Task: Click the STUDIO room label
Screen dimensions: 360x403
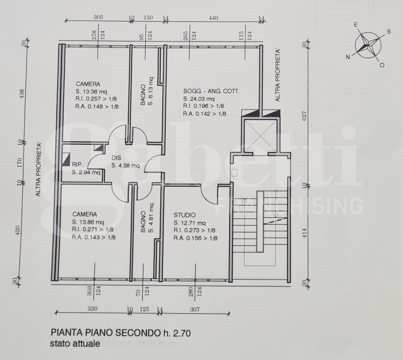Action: pyautogui.click(x=185, y=215)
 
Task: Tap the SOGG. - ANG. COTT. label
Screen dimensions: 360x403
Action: pyautogui.click(x=212, y=91)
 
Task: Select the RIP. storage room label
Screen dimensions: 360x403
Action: pyautogui.click(x=77, y=164)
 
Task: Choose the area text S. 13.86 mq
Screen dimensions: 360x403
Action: pyautogui.click(x=88, y=222)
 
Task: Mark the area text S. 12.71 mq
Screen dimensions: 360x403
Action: pyautogui.click(x=189, y=223)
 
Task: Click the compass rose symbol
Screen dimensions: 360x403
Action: pyautogui.click(x=368, y=45)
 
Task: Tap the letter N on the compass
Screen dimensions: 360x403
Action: pyautogui.click(x=348, y=57)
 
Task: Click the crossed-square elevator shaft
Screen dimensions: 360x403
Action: pyautogui.click(x=260, y=136)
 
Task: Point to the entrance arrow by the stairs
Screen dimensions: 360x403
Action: pyautogui.click(x=234, y=173)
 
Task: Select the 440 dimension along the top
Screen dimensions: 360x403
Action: pyautogui.click(x=214, y=18)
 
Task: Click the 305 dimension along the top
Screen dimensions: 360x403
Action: pyautogui.click(x=98, y=18)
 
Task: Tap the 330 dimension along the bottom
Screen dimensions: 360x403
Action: pyautogui.click(x=92, y=309)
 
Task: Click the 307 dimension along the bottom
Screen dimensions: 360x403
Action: pyautogui.click(x=195, y=309)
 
